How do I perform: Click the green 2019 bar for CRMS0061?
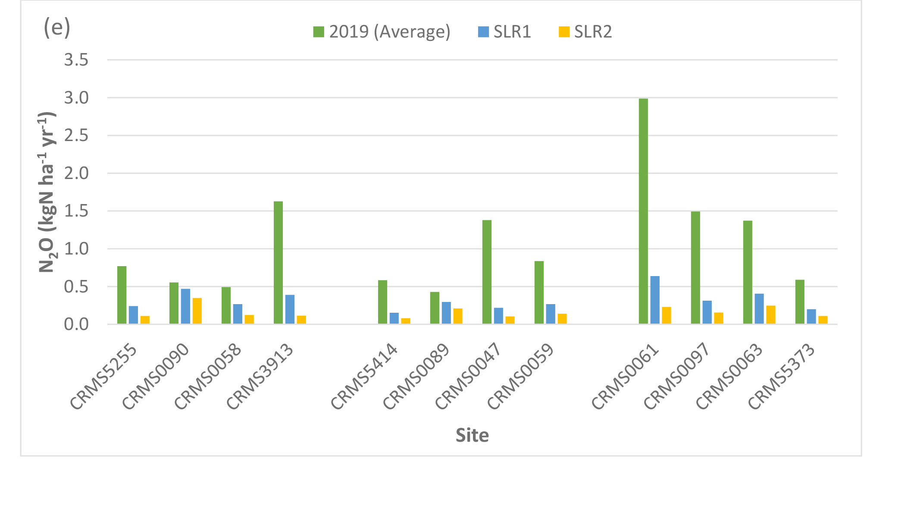coord(643,211)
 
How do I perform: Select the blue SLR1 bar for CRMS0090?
coord(185,306)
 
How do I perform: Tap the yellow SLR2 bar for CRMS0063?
coord(771,315)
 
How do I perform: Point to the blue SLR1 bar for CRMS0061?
coord(655,300)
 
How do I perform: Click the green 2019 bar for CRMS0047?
coord(487,272)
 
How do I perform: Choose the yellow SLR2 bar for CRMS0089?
coord(458,316)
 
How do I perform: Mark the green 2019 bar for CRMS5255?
coord(122,295)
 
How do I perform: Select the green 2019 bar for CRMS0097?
coord(695,267)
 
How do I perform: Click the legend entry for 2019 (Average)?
coord(382,32)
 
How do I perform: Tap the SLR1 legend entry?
coord(505,32)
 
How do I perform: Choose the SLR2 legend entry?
coord(585,32)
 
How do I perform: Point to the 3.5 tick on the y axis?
coord(76,60)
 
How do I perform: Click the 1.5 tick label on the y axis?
coord(76,211)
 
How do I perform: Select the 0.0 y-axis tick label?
coord(76,324)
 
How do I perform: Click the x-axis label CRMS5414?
coord(365,376)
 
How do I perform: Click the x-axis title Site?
coord(472,435)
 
